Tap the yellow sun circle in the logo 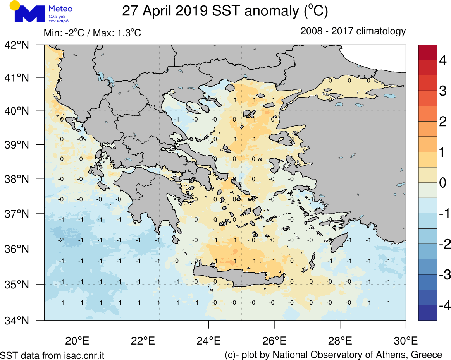[x=14, y=5]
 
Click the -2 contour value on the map [x=61, y=240]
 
